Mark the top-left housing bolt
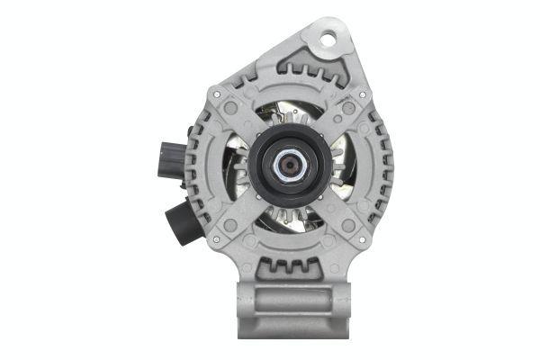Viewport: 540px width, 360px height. point(216,90)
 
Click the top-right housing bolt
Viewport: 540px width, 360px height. point(363,94)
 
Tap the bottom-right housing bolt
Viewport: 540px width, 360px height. point(364,236)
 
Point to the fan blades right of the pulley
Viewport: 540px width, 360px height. point(337,166)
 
